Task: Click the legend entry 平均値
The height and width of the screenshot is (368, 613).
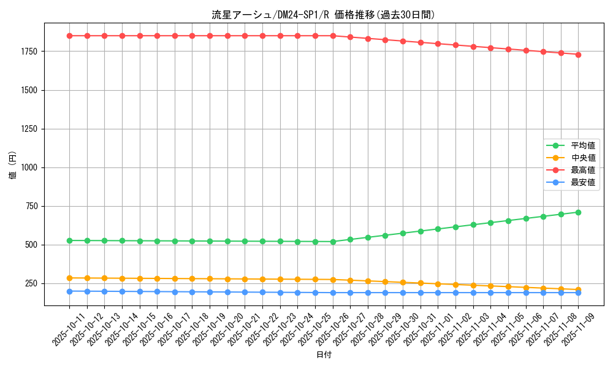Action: pos(583,145)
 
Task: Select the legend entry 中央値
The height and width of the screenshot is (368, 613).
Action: pos(583,158)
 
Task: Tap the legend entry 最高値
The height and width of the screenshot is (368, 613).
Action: pos(583,170)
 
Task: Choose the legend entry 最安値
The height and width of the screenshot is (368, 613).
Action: pos(583,182)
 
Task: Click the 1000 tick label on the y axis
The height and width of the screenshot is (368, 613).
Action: pos(29,167)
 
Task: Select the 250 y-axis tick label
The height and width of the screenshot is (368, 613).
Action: pos(31,283)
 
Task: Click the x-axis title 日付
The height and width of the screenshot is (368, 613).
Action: pos(324,355)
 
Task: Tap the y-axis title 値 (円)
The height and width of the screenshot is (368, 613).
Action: pos(13,166)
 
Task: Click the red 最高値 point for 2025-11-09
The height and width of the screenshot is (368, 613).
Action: pos(579,55)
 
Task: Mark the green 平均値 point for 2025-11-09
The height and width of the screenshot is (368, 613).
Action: pos(579,212)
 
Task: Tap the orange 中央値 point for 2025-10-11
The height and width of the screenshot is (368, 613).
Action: pos(69,278)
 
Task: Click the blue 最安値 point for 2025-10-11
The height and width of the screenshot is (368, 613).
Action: pos(69,291)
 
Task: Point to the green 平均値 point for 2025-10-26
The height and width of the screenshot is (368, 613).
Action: pos(333,242)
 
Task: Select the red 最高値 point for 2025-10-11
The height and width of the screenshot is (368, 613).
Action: pos(69,36)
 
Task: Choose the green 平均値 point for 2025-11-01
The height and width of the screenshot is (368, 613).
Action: pos(438,229)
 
